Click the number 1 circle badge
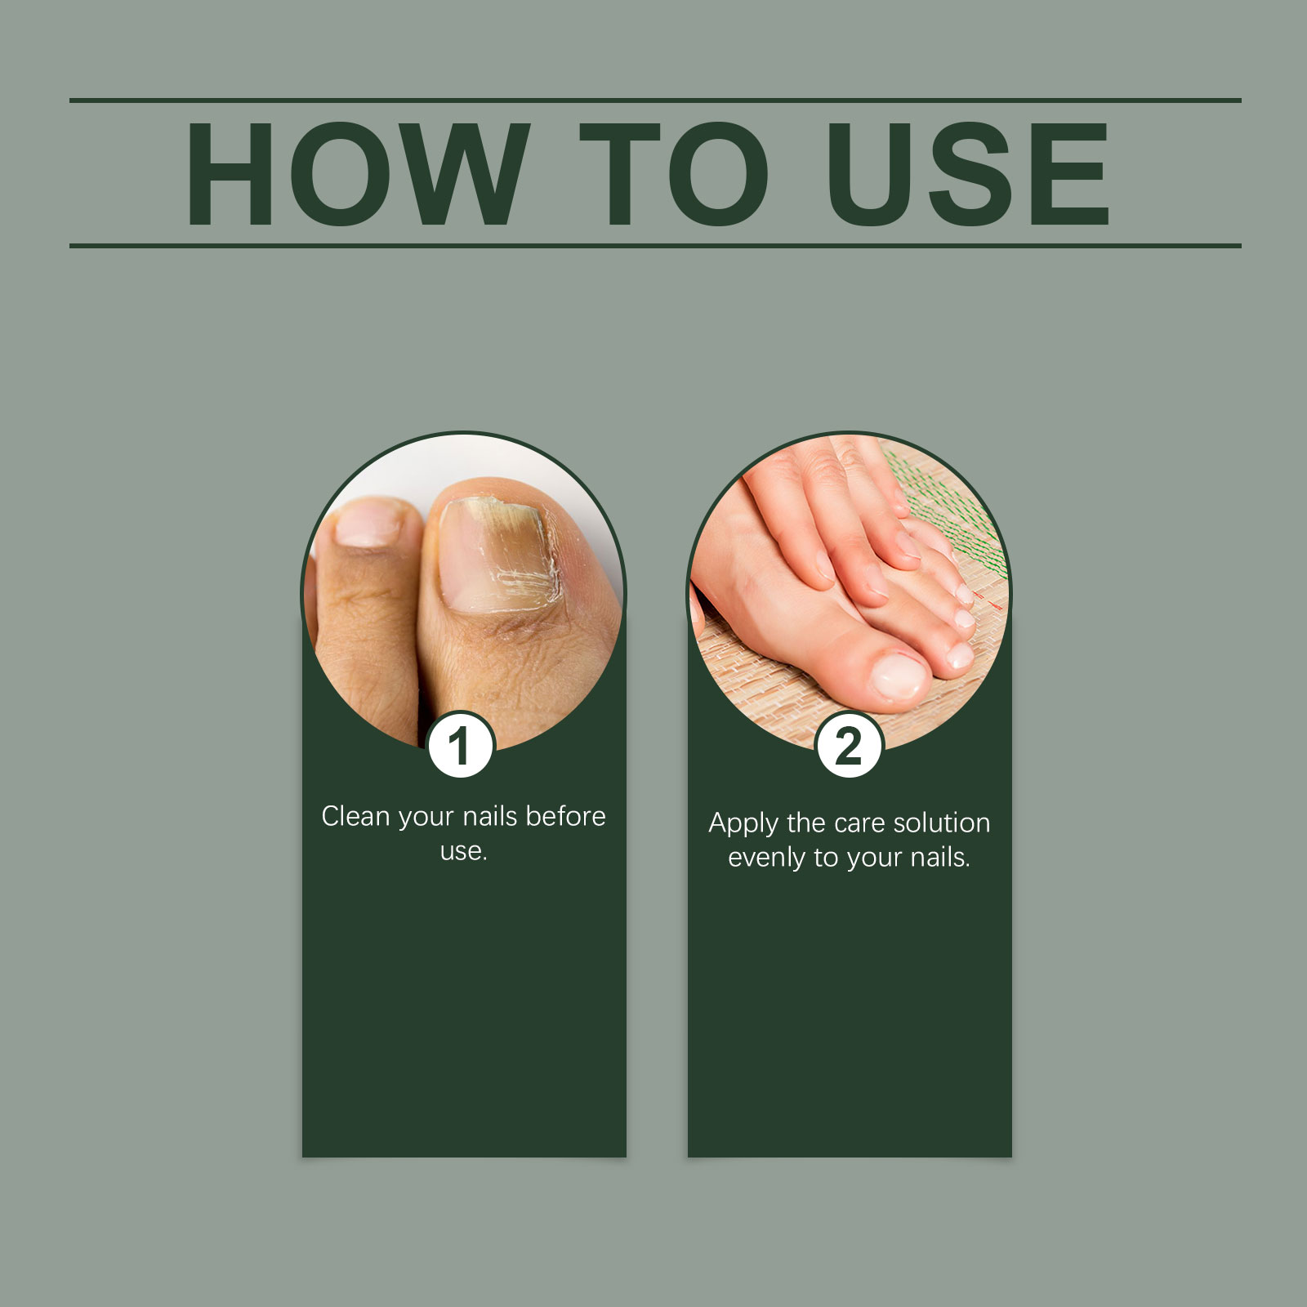point(461,745)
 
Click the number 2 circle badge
point(849,745)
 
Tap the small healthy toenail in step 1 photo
point(368,523)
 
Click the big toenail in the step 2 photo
point(897,676)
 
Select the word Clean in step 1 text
point(356,816)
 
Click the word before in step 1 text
point(565,816)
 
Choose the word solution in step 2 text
point(942,823)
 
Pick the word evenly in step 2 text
point(766,858)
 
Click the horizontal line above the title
point(653,100)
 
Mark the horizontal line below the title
point(653,245)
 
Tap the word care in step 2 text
point(861,823)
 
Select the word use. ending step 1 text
point(463,851)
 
